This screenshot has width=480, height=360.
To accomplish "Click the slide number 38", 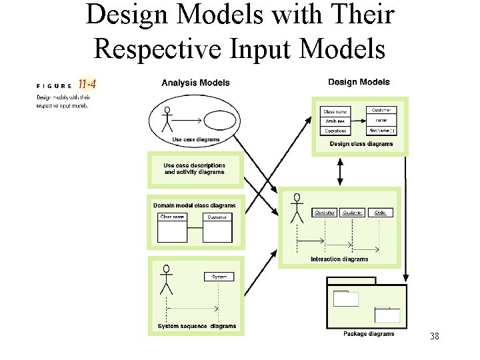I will [435, 337].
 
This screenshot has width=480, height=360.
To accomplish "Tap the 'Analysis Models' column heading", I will [195, 83].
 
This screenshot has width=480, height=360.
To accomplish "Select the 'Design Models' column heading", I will [359, 82].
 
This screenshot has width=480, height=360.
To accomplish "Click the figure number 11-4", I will [87, 84].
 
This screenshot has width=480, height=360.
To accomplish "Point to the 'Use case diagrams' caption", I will [195, 139].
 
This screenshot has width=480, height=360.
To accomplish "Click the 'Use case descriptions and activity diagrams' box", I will [194, 169].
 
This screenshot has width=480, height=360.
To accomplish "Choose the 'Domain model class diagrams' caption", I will [194, 205].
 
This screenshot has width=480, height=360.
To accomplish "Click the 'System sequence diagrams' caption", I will [197, 327].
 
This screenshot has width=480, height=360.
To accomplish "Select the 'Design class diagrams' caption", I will [361, 144].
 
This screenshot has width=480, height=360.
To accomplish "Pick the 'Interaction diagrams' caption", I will [339, 259].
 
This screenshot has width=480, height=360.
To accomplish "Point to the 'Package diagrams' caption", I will [369, 334].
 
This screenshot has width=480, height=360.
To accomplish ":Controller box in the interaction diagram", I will [325, 213].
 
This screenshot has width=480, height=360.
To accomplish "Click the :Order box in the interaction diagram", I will [380, 213].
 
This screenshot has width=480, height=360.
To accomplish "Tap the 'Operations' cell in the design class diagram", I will [337, 131].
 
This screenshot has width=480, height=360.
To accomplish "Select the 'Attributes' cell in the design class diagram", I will [335, 121].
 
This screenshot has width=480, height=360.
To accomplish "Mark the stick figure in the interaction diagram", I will [297, 208].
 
